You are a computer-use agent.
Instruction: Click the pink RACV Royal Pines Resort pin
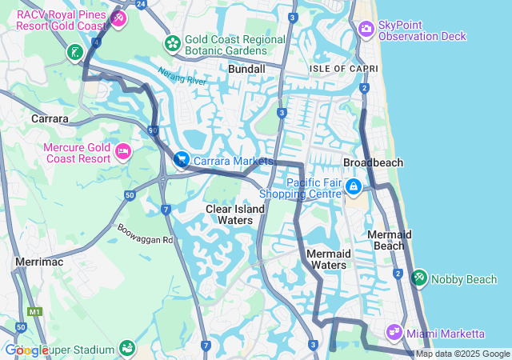pos(118,18)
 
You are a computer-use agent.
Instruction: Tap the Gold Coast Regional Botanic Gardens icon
pos(171,42)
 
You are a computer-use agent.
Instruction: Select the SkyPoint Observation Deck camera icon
pos(366,29)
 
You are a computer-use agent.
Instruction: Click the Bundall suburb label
pos(246,70)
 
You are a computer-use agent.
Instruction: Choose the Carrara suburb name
pos(49,118)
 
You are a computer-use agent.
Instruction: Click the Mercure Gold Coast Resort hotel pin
pos(122,151)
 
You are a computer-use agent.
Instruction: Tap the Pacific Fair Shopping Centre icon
pos(353,186)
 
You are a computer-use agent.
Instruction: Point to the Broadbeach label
pos(373,162)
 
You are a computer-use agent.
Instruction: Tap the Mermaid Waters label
pos(327,259)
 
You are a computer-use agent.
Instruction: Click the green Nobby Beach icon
pos(418,278)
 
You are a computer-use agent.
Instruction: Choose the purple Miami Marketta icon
pos(394,332)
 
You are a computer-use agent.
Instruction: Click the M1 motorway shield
pos(34,311)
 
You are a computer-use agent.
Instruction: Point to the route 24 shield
pos(142,4)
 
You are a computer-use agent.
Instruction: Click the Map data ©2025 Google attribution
pos(462,354)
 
